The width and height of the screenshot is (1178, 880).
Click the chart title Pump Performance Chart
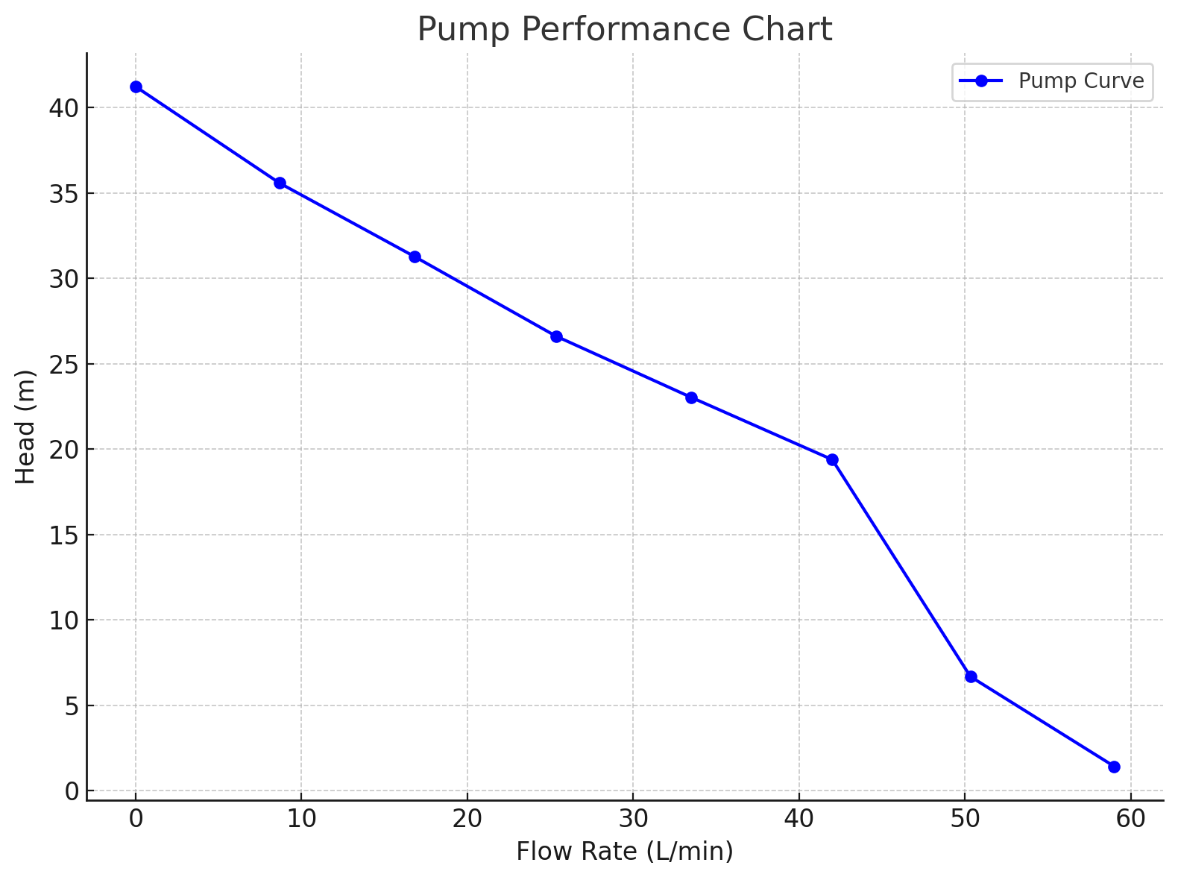624,30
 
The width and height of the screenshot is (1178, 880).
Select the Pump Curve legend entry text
1080,81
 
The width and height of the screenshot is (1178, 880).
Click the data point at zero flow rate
136,87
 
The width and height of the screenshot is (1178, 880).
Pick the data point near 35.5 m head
280,183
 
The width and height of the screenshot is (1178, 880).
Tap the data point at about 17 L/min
415,257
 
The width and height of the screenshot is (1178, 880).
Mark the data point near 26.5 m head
556,336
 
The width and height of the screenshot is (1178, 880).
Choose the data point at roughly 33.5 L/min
691,397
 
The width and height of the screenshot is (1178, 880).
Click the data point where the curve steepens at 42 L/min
832,459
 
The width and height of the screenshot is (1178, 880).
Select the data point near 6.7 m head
971,676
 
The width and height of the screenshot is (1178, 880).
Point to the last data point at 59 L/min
1114,767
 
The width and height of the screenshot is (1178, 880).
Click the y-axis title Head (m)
26,427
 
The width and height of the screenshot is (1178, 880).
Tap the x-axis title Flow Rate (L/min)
624,851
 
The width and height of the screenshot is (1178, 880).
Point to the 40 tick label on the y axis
63,108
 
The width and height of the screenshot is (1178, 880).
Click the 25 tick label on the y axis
63,365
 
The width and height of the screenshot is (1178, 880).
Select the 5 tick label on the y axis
71,706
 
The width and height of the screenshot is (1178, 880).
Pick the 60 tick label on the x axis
1130,818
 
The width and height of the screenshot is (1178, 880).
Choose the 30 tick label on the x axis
633,818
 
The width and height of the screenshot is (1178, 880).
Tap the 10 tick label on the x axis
301,818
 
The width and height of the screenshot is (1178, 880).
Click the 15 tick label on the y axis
63,535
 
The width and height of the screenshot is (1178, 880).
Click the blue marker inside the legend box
981,81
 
